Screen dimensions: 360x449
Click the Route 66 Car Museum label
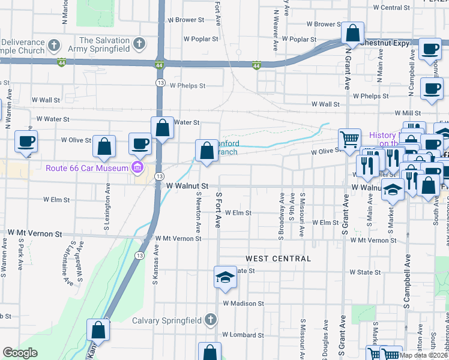tap(87, 167)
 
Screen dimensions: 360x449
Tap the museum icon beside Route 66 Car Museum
tap(137, 167)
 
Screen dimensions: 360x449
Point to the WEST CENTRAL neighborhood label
tap(278, 259)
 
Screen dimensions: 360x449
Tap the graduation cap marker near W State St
tap(225, 278)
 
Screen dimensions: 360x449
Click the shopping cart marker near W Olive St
tap(349, 140)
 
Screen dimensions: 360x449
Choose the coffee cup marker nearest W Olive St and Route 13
tap(140, 144)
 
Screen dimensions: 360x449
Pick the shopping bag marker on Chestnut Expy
tap(353, 33)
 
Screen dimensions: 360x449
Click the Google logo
tap(20, 353)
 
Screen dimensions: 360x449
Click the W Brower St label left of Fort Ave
tap(187, 20)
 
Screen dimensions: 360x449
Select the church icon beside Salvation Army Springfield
tap(139, 44)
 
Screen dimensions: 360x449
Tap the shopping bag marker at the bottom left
tap(98, 331)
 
